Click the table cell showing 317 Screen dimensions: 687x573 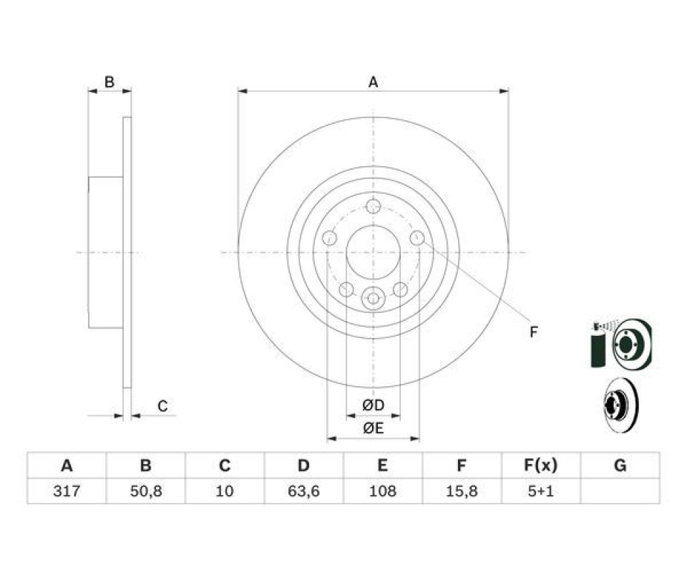pyautogui.click(x=67, y=491)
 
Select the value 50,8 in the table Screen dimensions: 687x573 pyautogui.click(x=146, y=491)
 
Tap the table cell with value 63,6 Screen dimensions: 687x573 pyautogui.click(x=303, y=491)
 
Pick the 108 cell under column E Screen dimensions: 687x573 pyautogui.click(x=382, y=491)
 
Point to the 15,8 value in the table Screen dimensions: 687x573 pyautogui.click(x=462, y=491)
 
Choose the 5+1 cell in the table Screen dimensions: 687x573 pyautogui.click(x=541, y=491)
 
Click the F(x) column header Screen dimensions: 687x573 pyautogui.click(x=541, y=465)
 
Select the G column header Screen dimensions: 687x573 pyautogui.click(x=620, y=465)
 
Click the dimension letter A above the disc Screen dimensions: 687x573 pyautogui.click(x=373, y=82)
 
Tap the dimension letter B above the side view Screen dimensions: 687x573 pyautogui.click(x=109, y=82)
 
